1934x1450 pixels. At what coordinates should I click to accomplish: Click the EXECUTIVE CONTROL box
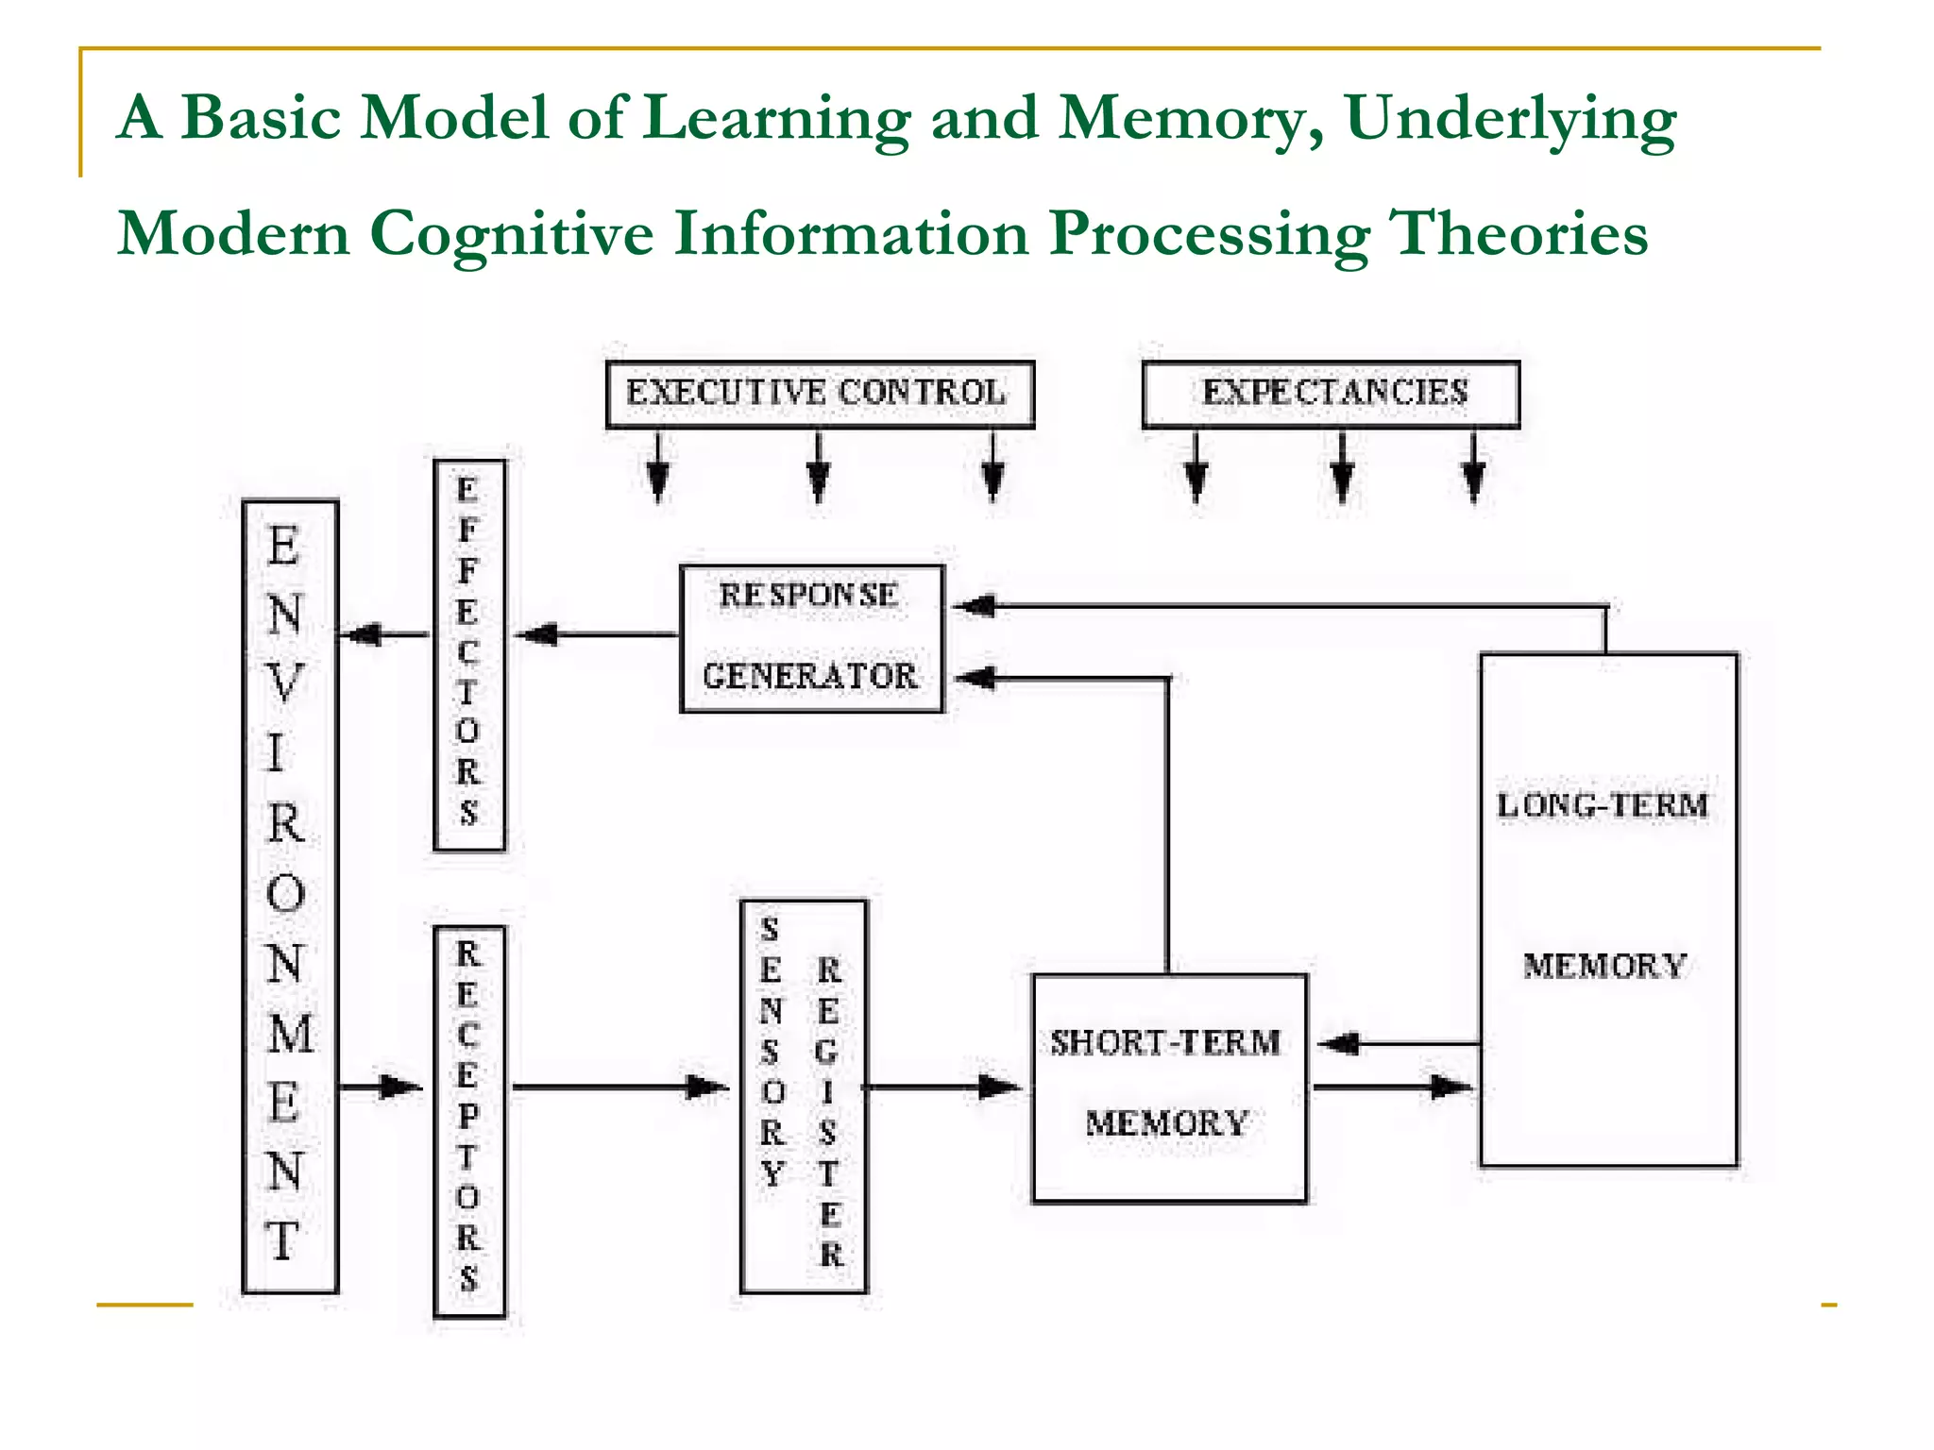tap(819, 394)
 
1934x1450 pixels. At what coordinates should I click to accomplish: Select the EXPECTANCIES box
tap(1331, 394)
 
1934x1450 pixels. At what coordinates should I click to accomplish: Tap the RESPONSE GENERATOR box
tap(811, 638)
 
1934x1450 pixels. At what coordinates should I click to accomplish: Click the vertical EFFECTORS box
tap(468, 655)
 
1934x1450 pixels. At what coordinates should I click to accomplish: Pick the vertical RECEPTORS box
tap(468, 1121)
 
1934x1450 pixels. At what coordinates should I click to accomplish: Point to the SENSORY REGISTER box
tap(803, 1095)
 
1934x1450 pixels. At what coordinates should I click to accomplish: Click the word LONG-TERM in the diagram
tap(1603, 805)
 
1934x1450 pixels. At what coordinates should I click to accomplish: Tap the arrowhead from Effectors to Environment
tap(361, 634)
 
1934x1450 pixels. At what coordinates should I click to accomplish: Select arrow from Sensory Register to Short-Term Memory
tap(944, 1087)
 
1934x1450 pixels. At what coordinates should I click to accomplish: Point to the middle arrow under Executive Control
tap(819, 467)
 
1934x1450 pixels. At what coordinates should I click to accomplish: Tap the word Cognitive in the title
tap(510, 234)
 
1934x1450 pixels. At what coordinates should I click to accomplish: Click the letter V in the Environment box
tap(284, 683)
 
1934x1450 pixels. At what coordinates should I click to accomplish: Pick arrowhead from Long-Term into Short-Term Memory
tap(1339, 1043)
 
